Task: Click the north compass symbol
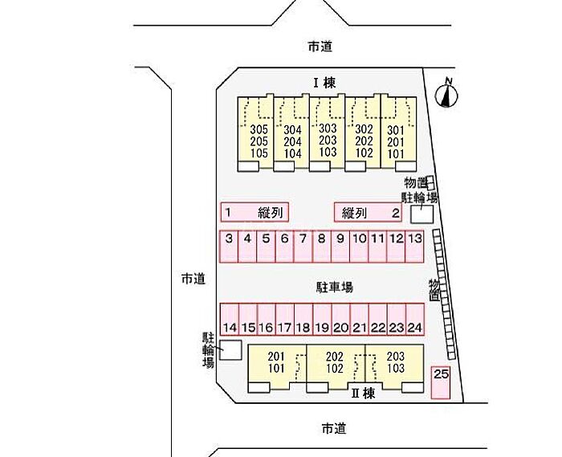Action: tap(446, 95)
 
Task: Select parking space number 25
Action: tap(441, 382)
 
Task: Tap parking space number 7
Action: tap(303, 247)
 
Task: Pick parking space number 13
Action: tap(415, 247)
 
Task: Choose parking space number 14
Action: tap(230, 320)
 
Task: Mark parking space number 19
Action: tap(322, 320)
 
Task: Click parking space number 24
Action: tap(415, 320)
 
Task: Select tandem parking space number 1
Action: tap(255, 212)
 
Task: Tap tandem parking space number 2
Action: tap(368, 212)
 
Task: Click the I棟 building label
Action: tap(324, 84)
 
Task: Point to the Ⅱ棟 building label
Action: tap(364, 394)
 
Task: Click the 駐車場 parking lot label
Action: tap(334, 287)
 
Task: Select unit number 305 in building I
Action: tap(259, 129)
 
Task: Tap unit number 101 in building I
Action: tap(396, 154)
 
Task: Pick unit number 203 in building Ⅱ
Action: tap(396, 357)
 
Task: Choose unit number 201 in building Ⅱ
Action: tap(276, 357)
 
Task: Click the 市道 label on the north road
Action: tap(320, 47)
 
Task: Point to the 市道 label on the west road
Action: tap(193, 279)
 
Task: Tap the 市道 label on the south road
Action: tap(334, 428)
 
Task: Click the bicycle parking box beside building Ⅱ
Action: tap(230, 350)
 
